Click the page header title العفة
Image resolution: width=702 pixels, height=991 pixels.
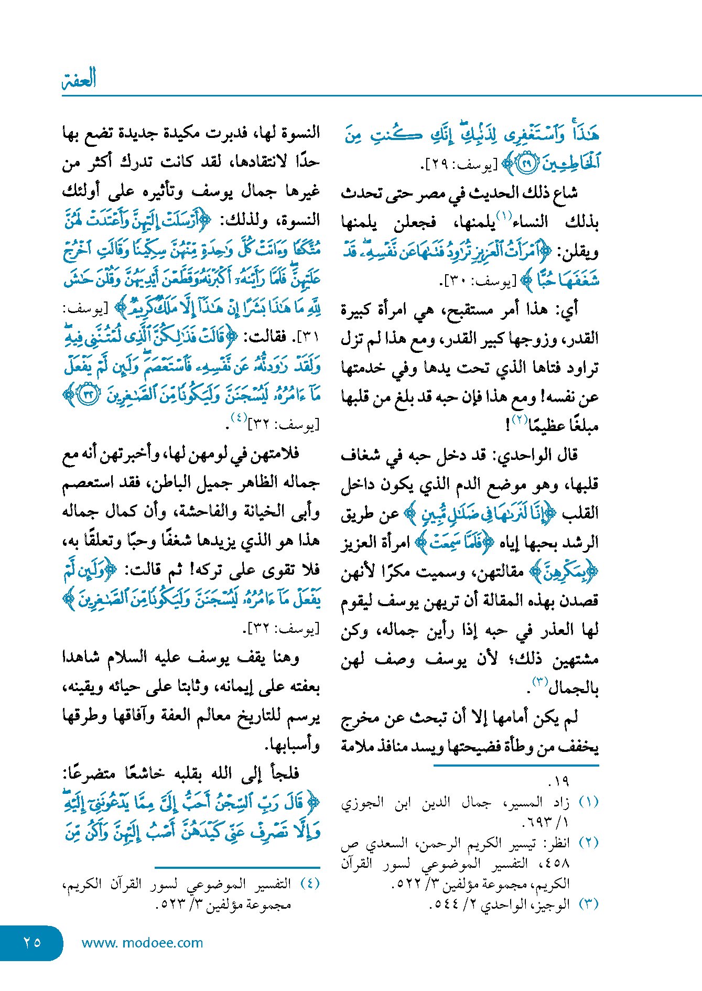(79, 79)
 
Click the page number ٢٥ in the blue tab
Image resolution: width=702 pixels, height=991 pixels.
(32, 942)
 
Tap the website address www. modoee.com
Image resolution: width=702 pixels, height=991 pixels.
(142, 943)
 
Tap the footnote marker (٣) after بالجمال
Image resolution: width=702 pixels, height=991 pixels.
(540, 682)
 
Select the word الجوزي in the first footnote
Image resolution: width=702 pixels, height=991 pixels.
(361, 803)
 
